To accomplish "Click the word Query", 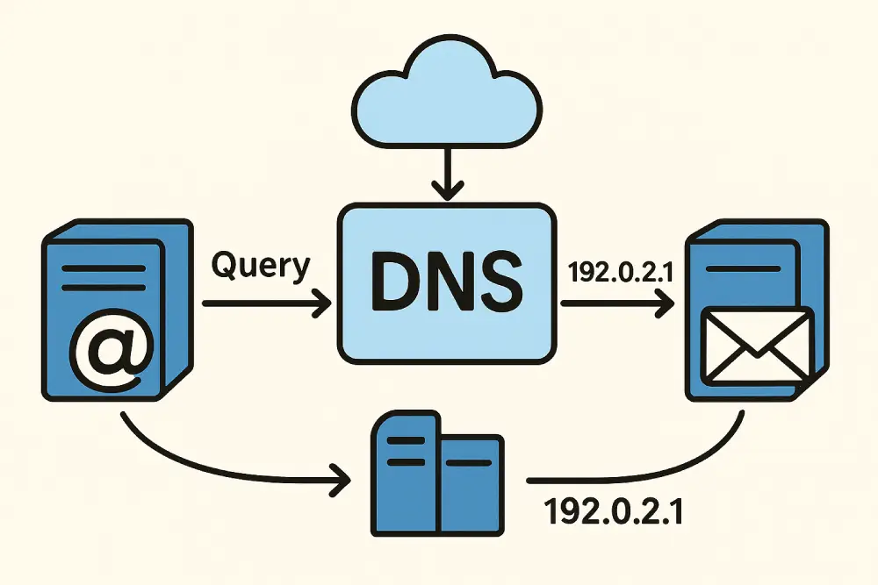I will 261,264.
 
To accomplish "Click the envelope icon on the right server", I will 757,346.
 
